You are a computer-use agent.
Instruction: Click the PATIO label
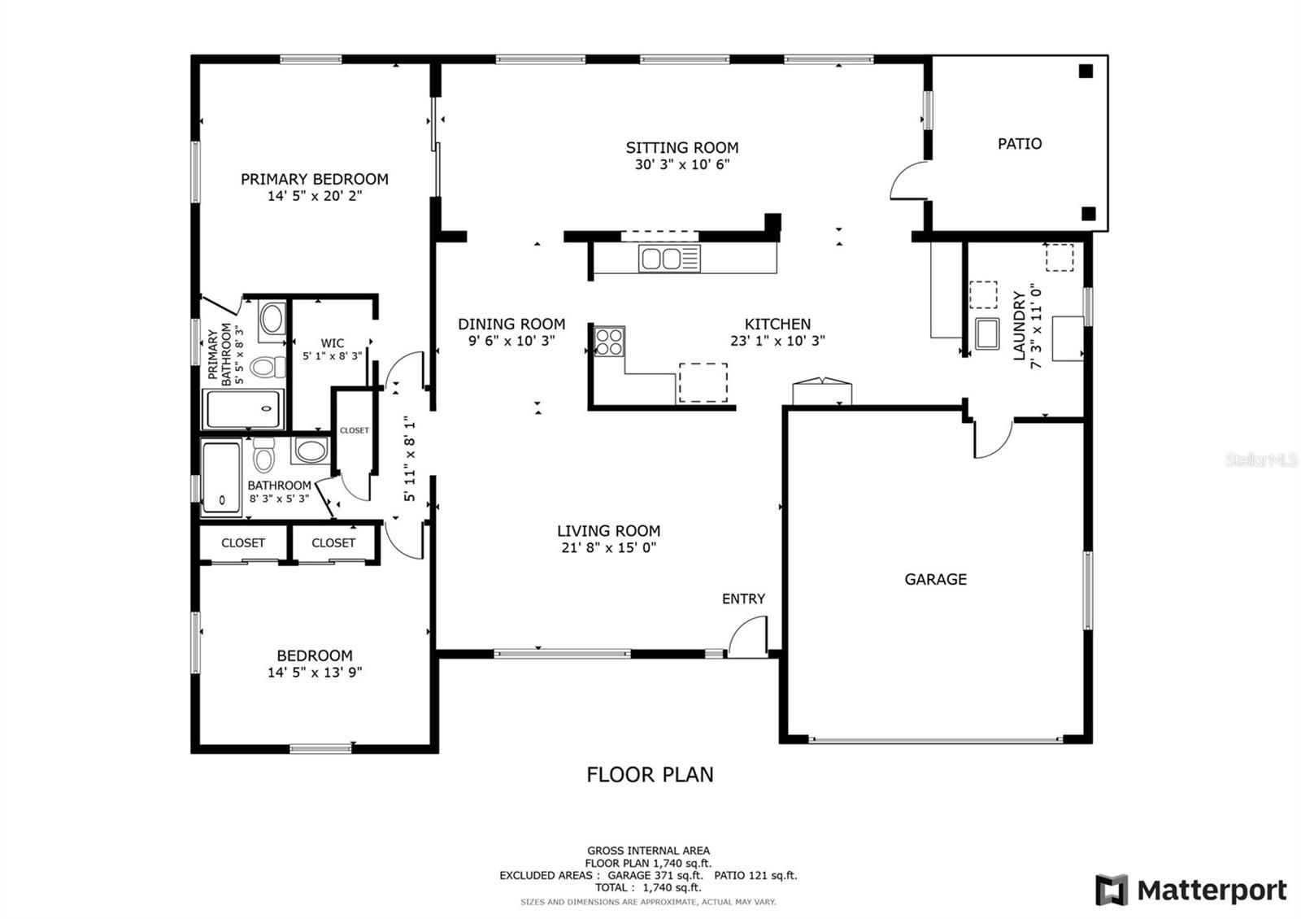[x=1020, y=143]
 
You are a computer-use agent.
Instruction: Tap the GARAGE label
[x=935, y=579]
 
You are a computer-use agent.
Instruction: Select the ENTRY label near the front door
[x=743, y=599]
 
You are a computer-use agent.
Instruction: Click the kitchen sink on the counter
[x=669, y=259]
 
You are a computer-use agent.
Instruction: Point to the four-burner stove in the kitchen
[x=609, y=341]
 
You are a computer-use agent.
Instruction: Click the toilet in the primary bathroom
[x=268, y=367]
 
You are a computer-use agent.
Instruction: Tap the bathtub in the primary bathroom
[x=243, y=409]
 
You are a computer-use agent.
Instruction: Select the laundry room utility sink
[x=987, y=333]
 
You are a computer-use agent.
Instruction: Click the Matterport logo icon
[x=1112, y=890]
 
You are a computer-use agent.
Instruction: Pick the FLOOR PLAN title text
[x=650, y=774]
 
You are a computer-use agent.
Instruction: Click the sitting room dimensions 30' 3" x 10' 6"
[x=682, y=164]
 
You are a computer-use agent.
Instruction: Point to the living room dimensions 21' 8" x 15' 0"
[x=609, y=547]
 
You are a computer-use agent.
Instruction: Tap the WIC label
[x=333, y=342]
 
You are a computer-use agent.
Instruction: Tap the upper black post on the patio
[x=1086, y=71]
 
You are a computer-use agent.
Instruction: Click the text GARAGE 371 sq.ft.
[x=655, y=875]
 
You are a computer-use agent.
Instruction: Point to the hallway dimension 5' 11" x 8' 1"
[x=410, y=459]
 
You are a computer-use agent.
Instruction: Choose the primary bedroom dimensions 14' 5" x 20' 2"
[x=314, y=196]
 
